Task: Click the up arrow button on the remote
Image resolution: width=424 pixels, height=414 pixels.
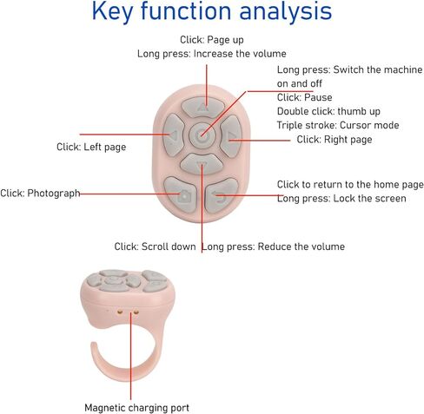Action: [202, 107]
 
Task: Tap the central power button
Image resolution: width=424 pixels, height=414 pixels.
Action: [202, 135]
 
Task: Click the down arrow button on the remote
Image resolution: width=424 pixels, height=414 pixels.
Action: [202, 164]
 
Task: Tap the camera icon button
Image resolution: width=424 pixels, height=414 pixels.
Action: [181, 194]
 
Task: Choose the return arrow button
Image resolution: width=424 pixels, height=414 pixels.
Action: [222, 194]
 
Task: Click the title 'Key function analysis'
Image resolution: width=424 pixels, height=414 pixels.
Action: [212, 11]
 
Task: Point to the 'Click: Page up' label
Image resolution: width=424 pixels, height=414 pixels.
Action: [212, 40]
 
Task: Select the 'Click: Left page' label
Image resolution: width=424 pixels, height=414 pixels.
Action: [91, 147]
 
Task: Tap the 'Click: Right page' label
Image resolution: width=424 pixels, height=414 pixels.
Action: [335, 140]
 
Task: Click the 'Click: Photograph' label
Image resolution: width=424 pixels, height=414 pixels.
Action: [40, 194]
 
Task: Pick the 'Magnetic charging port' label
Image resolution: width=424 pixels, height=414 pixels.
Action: [136, 408]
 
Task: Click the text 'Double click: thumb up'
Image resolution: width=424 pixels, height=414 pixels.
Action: [328, 111]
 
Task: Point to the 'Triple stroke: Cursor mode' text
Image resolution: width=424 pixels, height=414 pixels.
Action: [338, 125]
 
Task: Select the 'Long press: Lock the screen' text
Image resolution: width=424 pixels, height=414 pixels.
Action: [341, 199]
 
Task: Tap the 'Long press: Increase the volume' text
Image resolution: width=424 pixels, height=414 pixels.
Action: [212, 54]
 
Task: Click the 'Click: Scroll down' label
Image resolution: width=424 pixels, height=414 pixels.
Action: [155, 246]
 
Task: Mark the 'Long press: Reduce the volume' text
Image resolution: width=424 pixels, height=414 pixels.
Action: [273, 246]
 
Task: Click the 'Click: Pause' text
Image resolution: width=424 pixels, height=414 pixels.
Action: [304, 97]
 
